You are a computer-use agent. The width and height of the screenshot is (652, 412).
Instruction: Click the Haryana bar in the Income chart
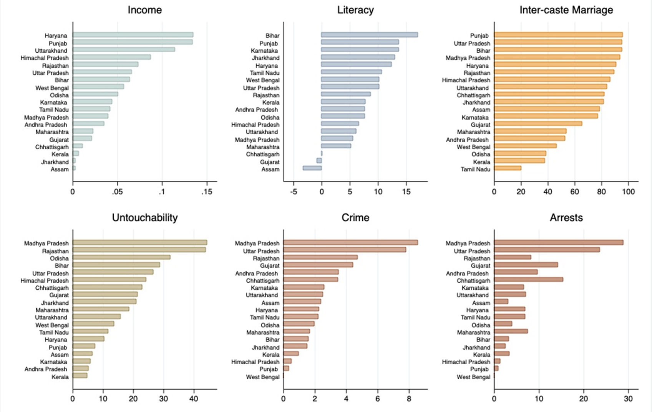coord(133,35)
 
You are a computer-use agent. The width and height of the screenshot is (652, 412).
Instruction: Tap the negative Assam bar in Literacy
coord(312,168)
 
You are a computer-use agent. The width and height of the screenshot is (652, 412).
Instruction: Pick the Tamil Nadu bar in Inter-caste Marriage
coord(508,168)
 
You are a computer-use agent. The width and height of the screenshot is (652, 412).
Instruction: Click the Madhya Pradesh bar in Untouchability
coord(139,243)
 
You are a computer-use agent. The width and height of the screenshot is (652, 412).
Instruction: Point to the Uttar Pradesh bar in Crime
coord(344,250)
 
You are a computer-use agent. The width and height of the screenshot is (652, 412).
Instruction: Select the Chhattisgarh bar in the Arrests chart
coord(528,280)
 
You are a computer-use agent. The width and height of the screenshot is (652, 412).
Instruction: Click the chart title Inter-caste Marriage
coord(566,10)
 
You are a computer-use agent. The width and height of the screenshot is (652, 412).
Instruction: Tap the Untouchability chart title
coord(145,218)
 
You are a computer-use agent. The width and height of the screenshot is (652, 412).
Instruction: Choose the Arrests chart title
coord(566,218)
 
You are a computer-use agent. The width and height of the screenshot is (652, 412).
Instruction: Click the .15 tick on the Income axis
coord(206,192)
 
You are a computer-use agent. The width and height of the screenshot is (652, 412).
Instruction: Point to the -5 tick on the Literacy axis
coord(294,192)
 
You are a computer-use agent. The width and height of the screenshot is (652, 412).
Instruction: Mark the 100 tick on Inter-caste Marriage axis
coord(628,192)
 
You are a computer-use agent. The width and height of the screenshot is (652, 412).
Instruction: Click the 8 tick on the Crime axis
coord(409,399)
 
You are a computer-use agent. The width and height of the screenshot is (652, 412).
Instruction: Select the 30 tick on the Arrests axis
coord(628,399)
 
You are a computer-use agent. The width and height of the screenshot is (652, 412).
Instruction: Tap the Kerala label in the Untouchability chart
coord(60,377)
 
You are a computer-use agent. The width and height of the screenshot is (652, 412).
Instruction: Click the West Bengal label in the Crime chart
coord(263,377)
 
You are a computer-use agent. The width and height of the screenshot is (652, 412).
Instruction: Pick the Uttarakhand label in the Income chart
coord(51,50)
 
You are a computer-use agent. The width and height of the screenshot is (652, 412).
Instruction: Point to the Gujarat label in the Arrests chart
coord(480,265)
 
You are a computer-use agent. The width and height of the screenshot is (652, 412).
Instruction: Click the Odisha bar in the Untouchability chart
coord(121,257)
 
